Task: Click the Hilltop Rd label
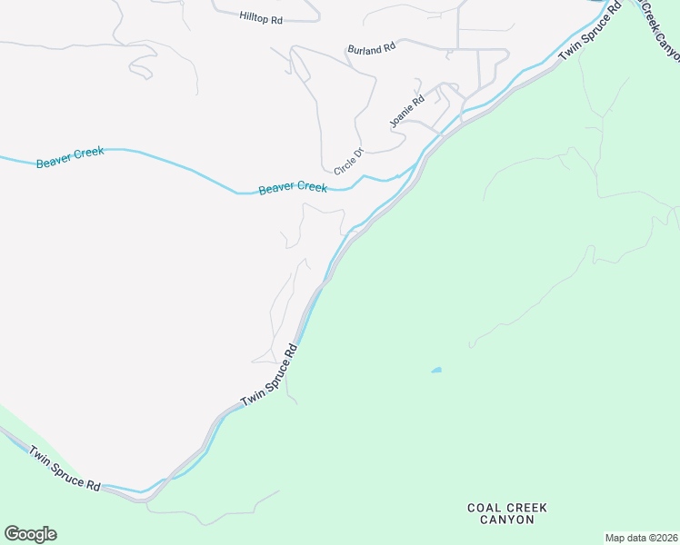point(263,16)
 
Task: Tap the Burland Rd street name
point(372,48)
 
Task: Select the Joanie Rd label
point(406,112)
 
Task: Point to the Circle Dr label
point(348,161)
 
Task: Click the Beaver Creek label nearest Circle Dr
point(293,188)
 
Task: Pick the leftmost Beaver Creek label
point(70,157)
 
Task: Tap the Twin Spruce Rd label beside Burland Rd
point(590,32)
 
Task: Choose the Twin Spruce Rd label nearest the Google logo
point(64,468)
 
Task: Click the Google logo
point(30,534)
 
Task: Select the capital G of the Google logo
point(12,533)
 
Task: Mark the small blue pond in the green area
point(436,370)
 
